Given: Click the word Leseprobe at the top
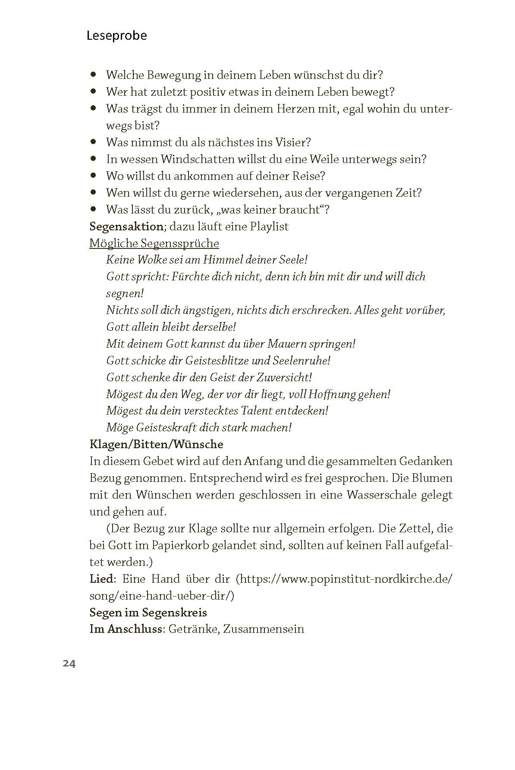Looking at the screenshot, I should [x=116, y=35].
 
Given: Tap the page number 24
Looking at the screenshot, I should [x=69, y=663].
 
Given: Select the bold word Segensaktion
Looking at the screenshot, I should [x=126, y=226].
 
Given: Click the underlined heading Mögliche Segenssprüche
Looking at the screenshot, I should [x=154, y=243].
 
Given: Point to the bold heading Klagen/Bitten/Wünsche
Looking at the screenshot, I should [x=156, y=444].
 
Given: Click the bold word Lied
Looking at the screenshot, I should [x=101, y=579].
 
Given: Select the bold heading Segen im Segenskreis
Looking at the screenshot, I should [x=148, y=613].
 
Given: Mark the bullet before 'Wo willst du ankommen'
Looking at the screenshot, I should [x=93, y=176].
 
